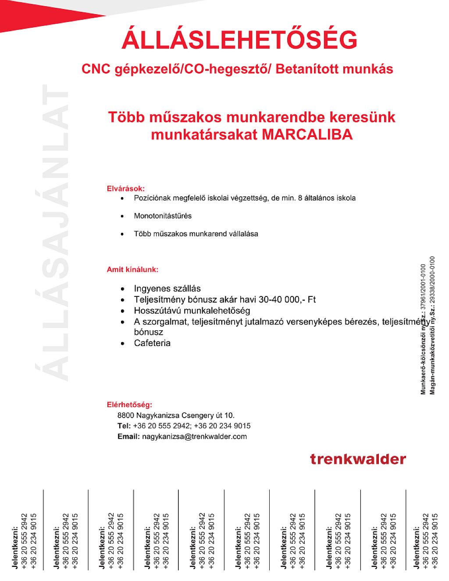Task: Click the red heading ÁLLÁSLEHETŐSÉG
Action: [x=239, y=40]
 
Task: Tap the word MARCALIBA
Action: [x=307, y=134]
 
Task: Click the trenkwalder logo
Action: [x=358, y=459]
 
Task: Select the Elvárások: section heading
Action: [x=126, y=188]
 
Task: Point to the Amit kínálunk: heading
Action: [x=132, y=269]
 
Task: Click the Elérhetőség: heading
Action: [x=129, y=404]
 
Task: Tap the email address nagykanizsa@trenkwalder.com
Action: [x=194, y=437]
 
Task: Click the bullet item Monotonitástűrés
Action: [x=163, y=216]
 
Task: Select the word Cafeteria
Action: [x=152, y=343]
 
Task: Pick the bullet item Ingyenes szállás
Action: [x=167, y=289]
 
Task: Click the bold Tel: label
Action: [x=124, y=426]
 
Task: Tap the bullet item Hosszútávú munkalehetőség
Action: [x=192, y=310]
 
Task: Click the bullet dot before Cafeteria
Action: [x=123, y=343]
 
